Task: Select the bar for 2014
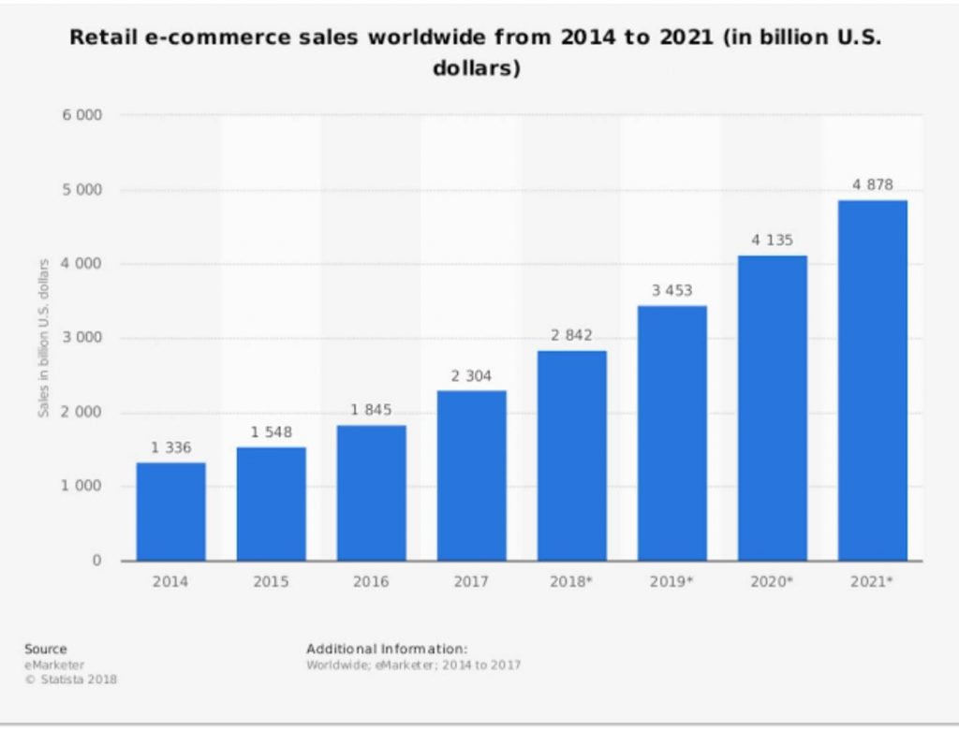coord(170,511)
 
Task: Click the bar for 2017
coord(471,475)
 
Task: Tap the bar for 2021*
coord(872,380)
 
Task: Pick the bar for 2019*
coord(671,432)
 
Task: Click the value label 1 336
coord(170,447)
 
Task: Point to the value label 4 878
coord(872,185)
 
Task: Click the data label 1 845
coord(371,410)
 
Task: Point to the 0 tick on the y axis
coord(96,561)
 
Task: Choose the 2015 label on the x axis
coord(271,581)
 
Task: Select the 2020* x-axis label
coord(772,581)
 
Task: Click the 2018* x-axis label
coord(571,581)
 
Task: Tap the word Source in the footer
coord(46,649)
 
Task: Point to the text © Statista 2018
coord(66,679)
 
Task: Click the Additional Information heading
coord(386,649)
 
